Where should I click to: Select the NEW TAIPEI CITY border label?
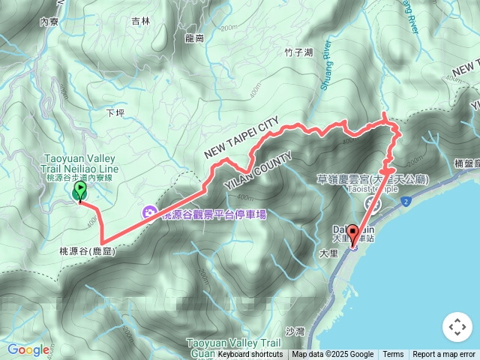pyautogui.click(x=241, y=137)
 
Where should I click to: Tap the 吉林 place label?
pyautogui.click(x=140, y=22)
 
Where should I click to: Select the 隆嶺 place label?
pyautogui.click(x=193, y=37)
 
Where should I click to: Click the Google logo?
pyautogui.click(x=28, y=349)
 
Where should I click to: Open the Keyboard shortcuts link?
pyautogui.click(x=250, y=355)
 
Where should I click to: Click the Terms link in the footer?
pyautogui.click(x=393, y=355)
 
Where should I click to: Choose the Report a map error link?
pyautogui.click(x=444, y=355)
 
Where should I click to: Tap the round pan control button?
pyautogui.click(x=457, y=327)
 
